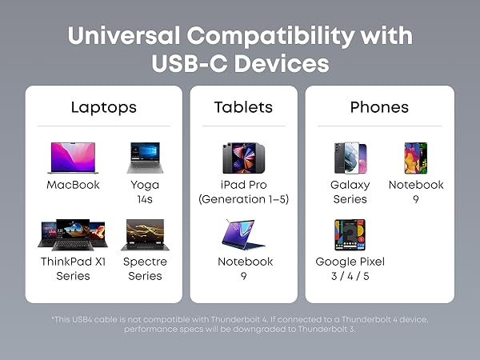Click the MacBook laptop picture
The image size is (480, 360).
pyautogui.click(x=73, y=158)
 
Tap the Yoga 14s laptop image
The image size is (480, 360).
pyautogui.click(x=145, y=158)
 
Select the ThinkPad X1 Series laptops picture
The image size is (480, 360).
pyautogui.click(x=73, y=234)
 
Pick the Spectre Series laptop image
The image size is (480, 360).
pyautogui.click(x=145, y=234)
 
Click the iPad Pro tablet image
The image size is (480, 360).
pyautogui.click(x=244, y=158)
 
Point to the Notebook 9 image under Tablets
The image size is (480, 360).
pyautogui.click(x=243, y=234)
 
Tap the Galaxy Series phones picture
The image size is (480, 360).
pyautogui.click(x=350, y=158)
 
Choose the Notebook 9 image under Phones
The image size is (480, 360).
pyautogui.click(x=416, y=158)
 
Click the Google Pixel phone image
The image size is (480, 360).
pyautogui.click(x=350, y=234)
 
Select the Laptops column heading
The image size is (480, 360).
pyautogui.click(x=104, y=108)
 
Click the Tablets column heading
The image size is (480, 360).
pyautogui.click(x=243, y=107)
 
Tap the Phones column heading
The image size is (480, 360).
pyautogui.click(x=379, y=107)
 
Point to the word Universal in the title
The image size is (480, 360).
pyautogui.click(x=124, y=36)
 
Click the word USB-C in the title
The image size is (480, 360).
pyautogui.click(x=190, y=64)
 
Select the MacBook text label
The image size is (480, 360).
pyautogui.click(x=73, y=185)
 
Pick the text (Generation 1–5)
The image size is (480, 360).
pyautogui.click(x=244, y=199)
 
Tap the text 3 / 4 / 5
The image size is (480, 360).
pyautogui.click(x=350, y=276)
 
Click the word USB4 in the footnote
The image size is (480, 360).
pyautogui.click(x=82, y=319)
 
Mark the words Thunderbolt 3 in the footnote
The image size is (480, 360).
pyautogui.click(x=326, y=330)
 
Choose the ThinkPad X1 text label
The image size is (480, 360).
pyautogui.click(x=73, y=262)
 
